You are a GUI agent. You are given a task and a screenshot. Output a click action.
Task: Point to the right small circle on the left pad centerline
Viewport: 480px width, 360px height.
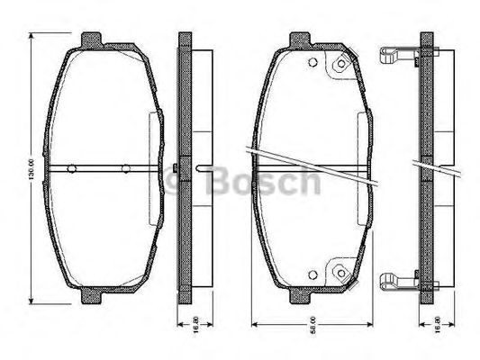point(125,168)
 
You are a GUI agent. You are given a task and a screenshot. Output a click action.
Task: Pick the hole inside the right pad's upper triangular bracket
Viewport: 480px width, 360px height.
point(341,66)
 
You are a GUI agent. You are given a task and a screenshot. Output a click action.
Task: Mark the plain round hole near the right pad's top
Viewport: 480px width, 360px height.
point(312,63)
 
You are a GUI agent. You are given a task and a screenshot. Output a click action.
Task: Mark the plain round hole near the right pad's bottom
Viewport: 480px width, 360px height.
point(312,275)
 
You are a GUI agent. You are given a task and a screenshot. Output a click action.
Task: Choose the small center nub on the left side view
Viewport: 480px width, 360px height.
point(173,168)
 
